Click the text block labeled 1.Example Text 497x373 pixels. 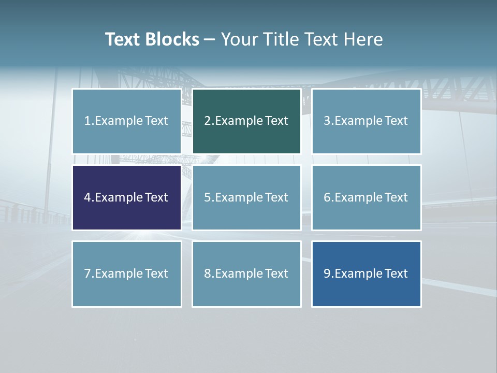coord(126,121)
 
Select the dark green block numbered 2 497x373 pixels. coord(246,121)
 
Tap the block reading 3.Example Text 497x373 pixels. coord(366,121)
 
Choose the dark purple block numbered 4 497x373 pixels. coord(126,197)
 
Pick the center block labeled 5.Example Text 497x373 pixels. coord(246,197)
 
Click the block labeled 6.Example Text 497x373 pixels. coord(366,197)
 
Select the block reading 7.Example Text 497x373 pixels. coord(126,274)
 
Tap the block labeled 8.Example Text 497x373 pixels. coord(246,274)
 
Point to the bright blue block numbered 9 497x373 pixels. coord(366,274)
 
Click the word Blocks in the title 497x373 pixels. coord(173,39)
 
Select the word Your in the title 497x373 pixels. coord(239,39)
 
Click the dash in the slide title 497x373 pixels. coord(210,39)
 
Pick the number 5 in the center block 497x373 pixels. coord(207,197)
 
